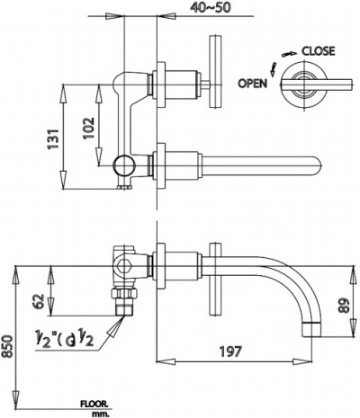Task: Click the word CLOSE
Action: tap(319, 51)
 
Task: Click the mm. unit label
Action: tap(99, 414)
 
